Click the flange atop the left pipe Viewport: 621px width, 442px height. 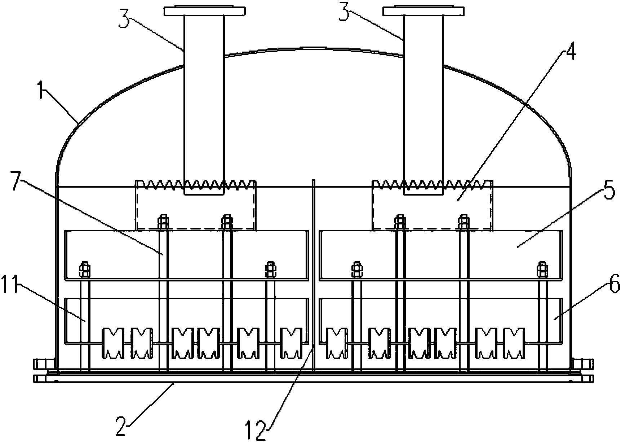(205, 11)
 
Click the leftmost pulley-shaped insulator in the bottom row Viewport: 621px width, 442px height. (113, 343)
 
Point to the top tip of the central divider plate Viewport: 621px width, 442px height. (314, 180)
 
